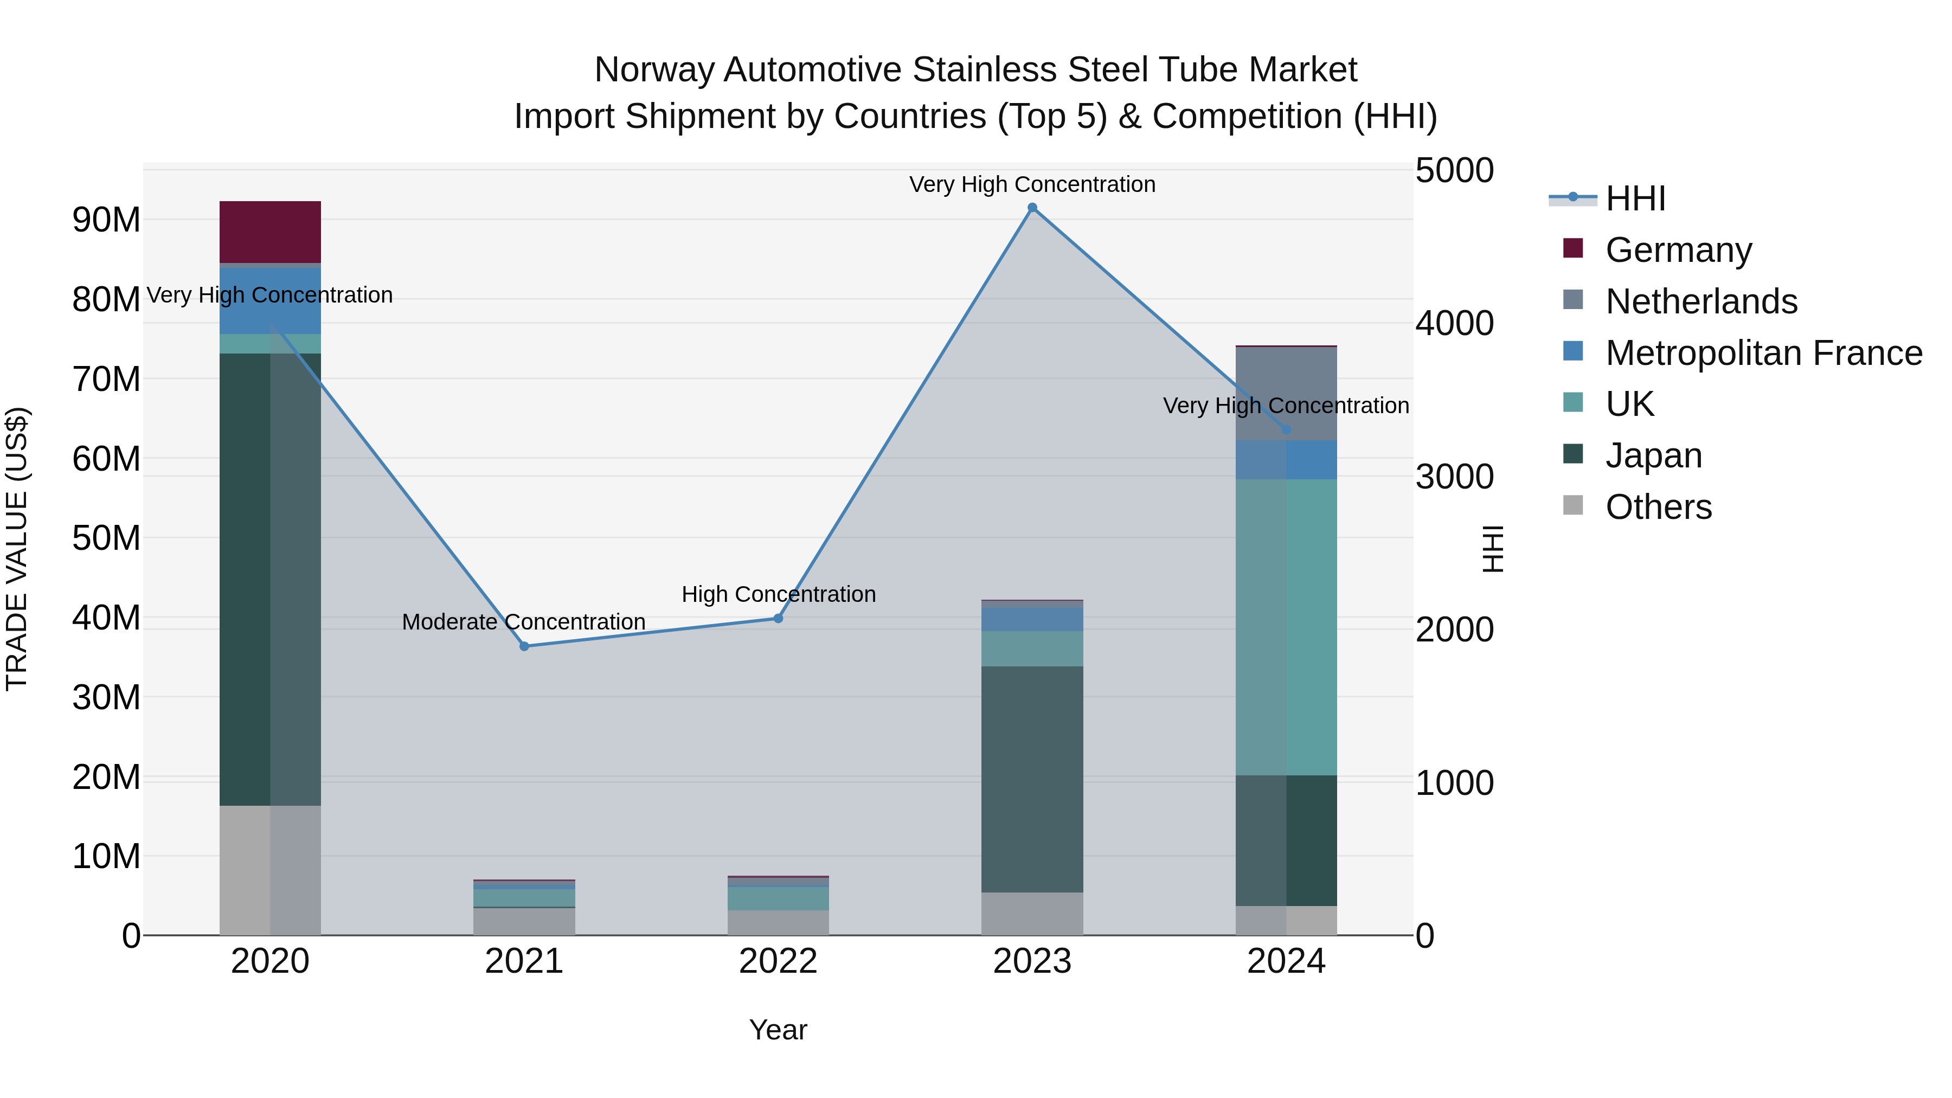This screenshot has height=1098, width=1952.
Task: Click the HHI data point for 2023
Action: pyautogui.click(x=1032, y=208)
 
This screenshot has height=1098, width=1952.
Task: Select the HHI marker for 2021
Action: pyautogui.click(x=524, y=646)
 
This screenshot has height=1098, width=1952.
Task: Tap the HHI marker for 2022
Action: pyautogui.click(x=778, y=618)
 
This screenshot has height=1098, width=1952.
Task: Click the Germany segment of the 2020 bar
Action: pyautogui.click(x=270, y=232)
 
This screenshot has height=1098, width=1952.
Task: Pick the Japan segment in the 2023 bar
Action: pyautogui.click(x=1032, y=779)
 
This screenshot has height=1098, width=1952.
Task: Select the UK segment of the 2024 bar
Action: pyautogui.click(x=1286, y=627)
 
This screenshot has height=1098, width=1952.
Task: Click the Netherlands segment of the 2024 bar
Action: pyautogui.click(x=1286, y=393)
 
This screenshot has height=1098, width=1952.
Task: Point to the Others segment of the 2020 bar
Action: pyautogui.click(x=270, y=870)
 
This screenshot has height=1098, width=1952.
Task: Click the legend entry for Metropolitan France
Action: pyautogui.click(x=1763, y=353)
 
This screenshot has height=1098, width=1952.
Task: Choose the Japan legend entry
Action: pyautogui.click(x=1653, y=455)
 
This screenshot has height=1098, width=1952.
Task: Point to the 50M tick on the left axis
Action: pyautogui.click(x=106, y=538)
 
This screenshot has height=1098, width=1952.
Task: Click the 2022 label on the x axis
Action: pyautogui.click(x=778, y=961)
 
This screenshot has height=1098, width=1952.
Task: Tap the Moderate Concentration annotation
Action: pyautogui.click(x=524, y=621)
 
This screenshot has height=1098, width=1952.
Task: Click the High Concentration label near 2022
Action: pyautogui.click(x=778, y=594)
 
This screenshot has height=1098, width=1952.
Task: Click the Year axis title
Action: pyautogui.click(x=778, y=1030)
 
